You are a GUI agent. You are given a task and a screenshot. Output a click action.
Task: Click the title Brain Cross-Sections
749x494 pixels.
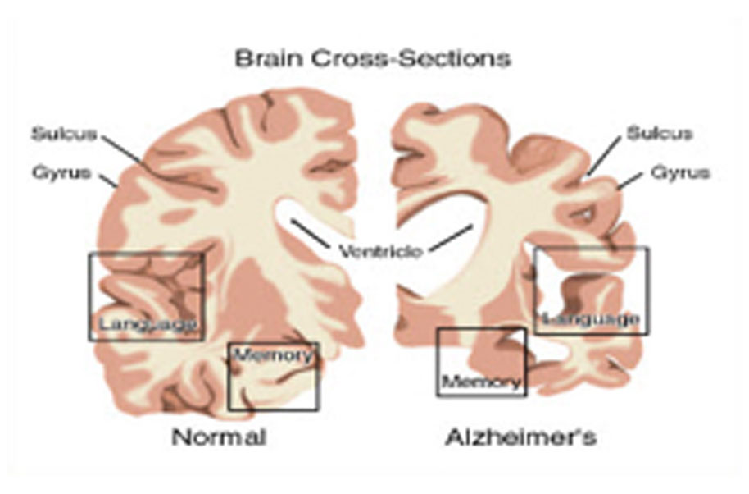click(x=373, y=58)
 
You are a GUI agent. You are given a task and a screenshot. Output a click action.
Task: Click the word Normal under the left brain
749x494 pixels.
click(x=219, y=437)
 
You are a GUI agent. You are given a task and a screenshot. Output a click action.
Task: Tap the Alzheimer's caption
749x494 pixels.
click(x=520, y=437)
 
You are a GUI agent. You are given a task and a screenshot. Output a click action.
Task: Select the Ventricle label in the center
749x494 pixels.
click(x=381, y=250)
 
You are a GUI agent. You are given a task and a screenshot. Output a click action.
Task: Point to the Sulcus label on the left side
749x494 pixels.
click(x=64, y=134)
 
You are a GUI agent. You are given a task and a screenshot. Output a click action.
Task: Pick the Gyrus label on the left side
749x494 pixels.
click(x=61, y=172)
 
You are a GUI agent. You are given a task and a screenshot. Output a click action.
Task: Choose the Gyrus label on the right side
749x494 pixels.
click(x=680, y=172)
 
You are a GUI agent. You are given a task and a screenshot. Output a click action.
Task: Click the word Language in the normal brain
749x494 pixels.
click(x=148, y=324)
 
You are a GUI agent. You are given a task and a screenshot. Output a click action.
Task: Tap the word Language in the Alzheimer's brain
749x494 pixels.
click(x=591, y=318)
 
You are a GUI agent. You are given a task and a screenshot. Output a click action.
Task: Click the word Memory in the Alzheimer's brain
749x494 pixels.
click(x=482, y=381)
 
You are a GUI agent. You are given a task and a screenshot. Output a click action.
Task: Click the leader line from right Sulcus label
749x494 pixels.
click(x=603, y=155)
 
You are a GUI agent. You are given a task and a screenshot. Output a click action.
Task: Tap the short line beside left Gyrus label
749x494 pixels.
click(x=108, y=180)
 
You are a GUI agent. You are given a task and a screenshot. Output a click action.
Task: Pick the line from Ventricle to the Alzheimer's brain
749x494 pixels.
click(x=451, y=237)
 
